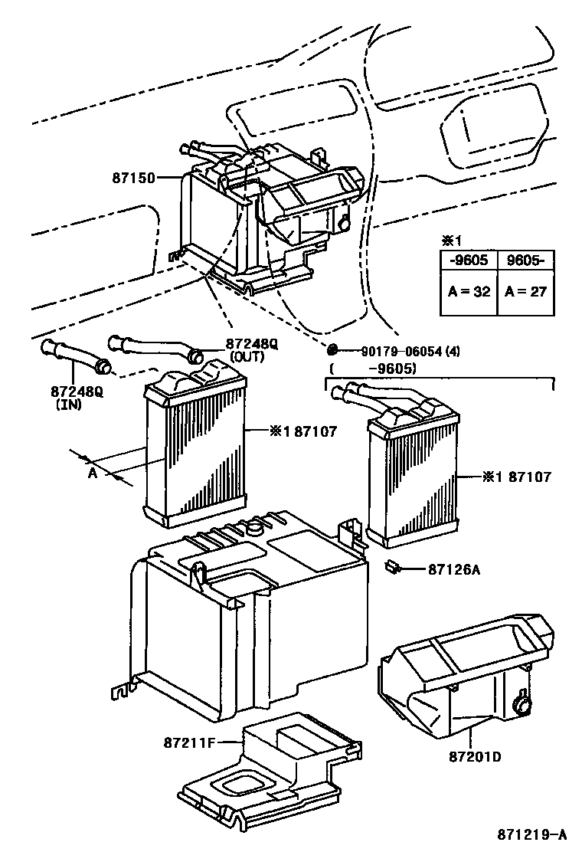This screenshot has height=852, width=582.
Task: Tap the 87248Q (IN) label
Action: click(77, 396)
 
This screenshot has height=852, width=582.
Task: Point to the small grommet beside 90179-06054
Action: click(332, 350)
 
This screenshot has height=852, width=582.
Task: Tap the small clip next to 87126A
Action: click(395, 568)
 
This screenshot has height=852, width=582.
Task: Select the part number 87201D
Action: click(475, 757)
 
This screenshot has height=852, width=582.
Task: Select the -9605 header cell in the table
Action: click(468, 260)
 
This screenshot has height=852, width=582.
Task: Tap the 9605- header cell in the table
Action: click(525, 260)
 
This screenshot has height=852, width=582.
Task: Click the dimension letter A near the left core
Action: click(93, 474)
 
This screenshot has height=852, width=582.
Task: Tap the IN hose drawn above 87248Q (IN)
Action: click(76, 359)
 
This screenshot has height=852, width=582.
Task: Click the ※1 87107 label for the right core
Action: click(516, 477)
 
